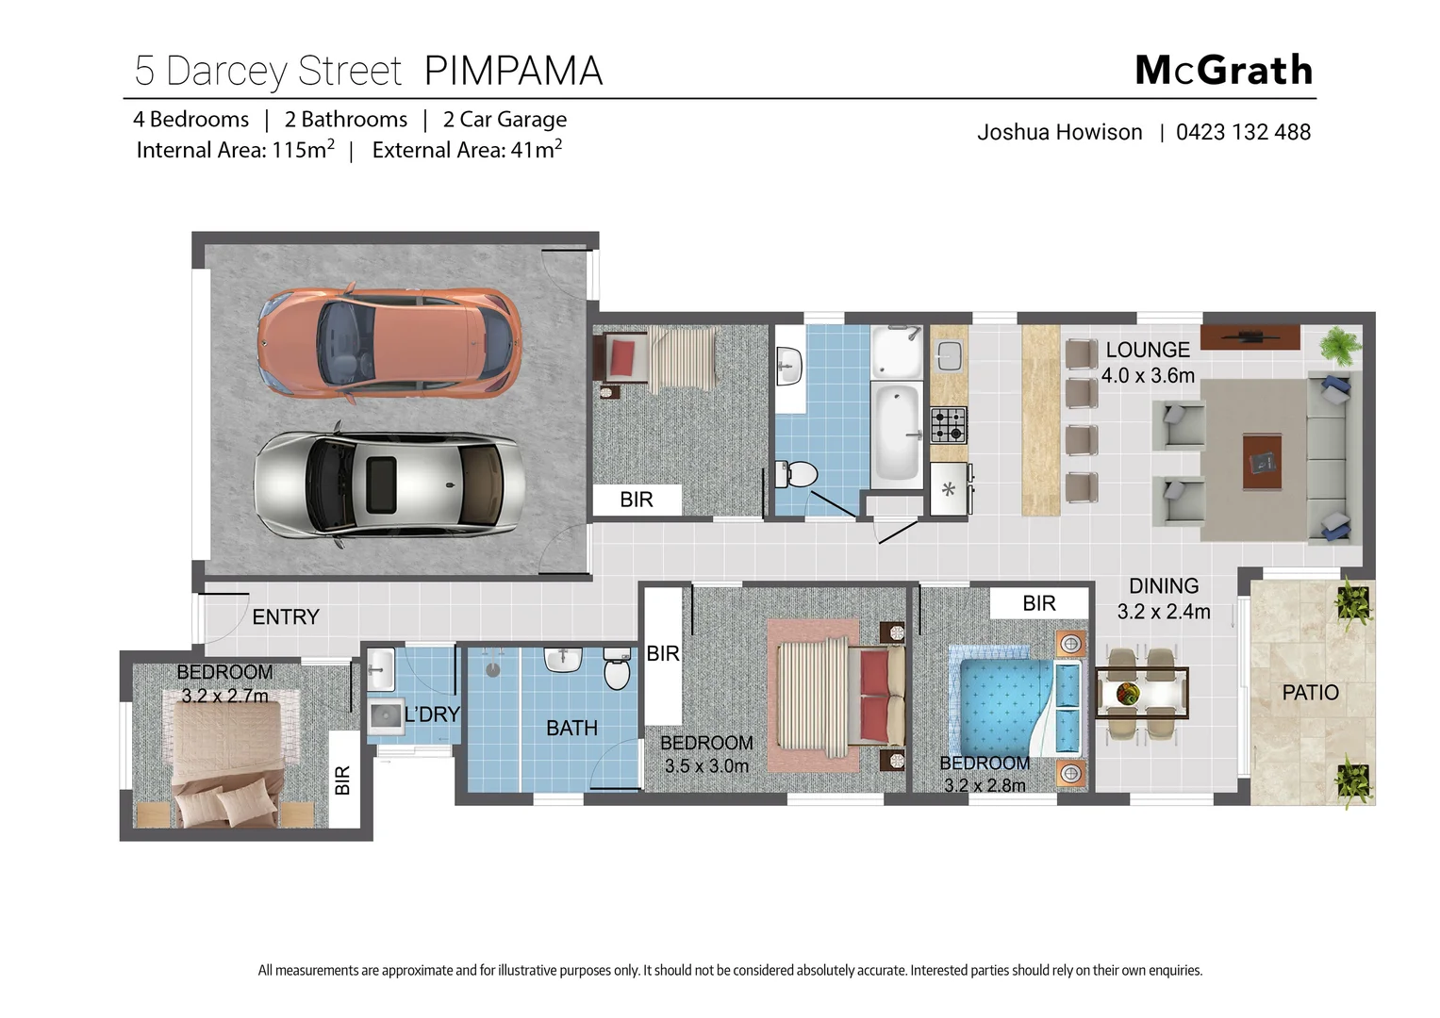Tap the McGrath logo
(1223, 71)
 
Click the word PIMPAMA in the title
(513, 72)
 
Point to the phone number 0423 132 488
(1243, 132)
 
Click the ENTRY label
(286, 617)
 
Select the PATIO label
(1310, 693)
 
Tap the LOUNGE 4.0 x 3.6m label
(1148, 363)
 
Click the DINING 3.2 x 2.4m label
(1164, 599)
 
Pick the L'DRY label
(431, 714)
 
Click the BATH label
(571, 729)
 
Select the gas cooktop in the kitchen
(949, 425)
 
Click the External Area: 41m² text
(467, 151)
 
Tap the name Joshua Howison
(1059, 132)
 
